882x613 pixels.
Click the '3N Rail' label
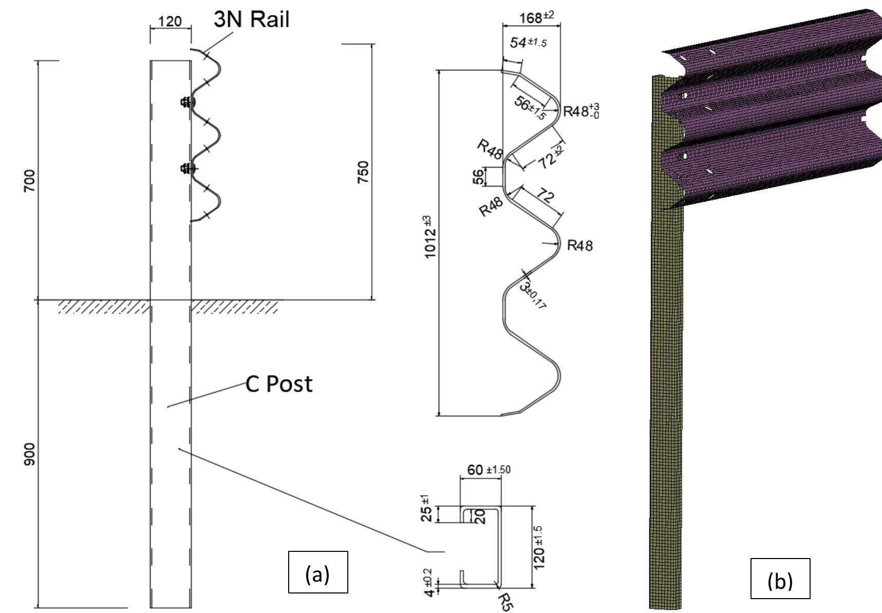252,19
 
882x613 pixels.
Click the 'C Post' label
279,384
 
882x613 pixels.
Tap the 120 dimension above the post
170,21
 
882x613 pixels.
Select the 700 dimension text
29,180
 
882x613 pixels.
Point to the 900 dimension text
29,454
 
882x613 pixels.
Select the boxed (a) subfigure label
317,572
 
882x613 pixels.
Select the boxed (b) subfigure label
780,579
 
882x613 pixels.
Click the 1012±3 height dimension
430,237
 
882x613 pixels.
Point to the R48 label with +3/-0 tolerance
580,110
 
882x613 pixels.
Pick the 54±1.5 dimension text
528,43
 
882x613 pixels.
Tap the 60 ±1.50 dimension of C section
488,470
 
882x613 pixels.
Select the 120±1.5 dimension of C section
539,547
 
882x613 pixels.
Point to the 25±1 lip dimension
426,509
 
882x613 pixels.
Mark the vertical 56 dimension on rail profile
478,177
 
